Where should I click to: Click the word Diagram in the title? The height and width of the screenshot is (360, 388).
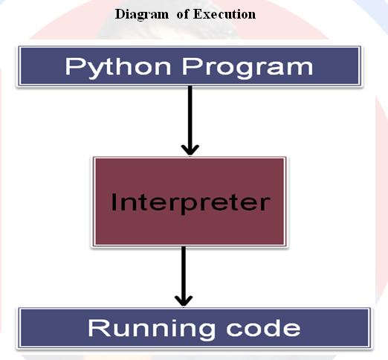142,15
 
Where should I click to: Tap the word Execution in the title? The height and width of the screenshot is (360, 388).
224,14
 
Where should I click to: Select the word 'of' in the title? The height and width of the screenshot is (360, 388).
183,14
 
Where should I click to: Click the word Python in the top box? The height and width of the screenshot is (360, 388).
118,68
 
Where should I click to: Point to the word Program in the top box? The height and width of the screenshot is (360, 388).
248,68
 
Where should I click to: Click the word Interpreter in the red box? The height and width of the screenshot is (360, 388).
190,203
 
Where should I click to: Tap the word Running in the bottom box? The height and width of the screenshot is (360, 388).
152,330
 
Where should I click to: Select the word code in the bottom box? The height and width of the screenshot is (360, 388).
263,328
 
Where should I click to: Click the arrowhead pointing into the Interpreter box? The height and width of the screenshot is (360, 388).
190,150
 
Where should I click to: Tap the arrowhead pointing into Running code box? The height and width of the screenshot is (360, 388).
184,300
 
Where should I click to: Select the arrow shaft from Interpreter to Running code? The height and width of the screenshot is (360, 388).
184,274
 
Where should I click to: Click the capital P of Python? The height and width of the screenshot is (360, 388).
73,66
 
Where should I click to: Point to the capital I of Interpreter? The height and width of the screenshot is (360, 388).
114,202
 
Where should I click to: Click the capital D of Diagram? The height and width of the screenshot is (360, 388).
120,14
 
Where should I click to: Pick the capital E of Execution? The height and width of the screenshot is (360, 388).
198,14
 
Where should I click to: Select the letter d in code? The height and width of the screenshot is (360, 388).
272,328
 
